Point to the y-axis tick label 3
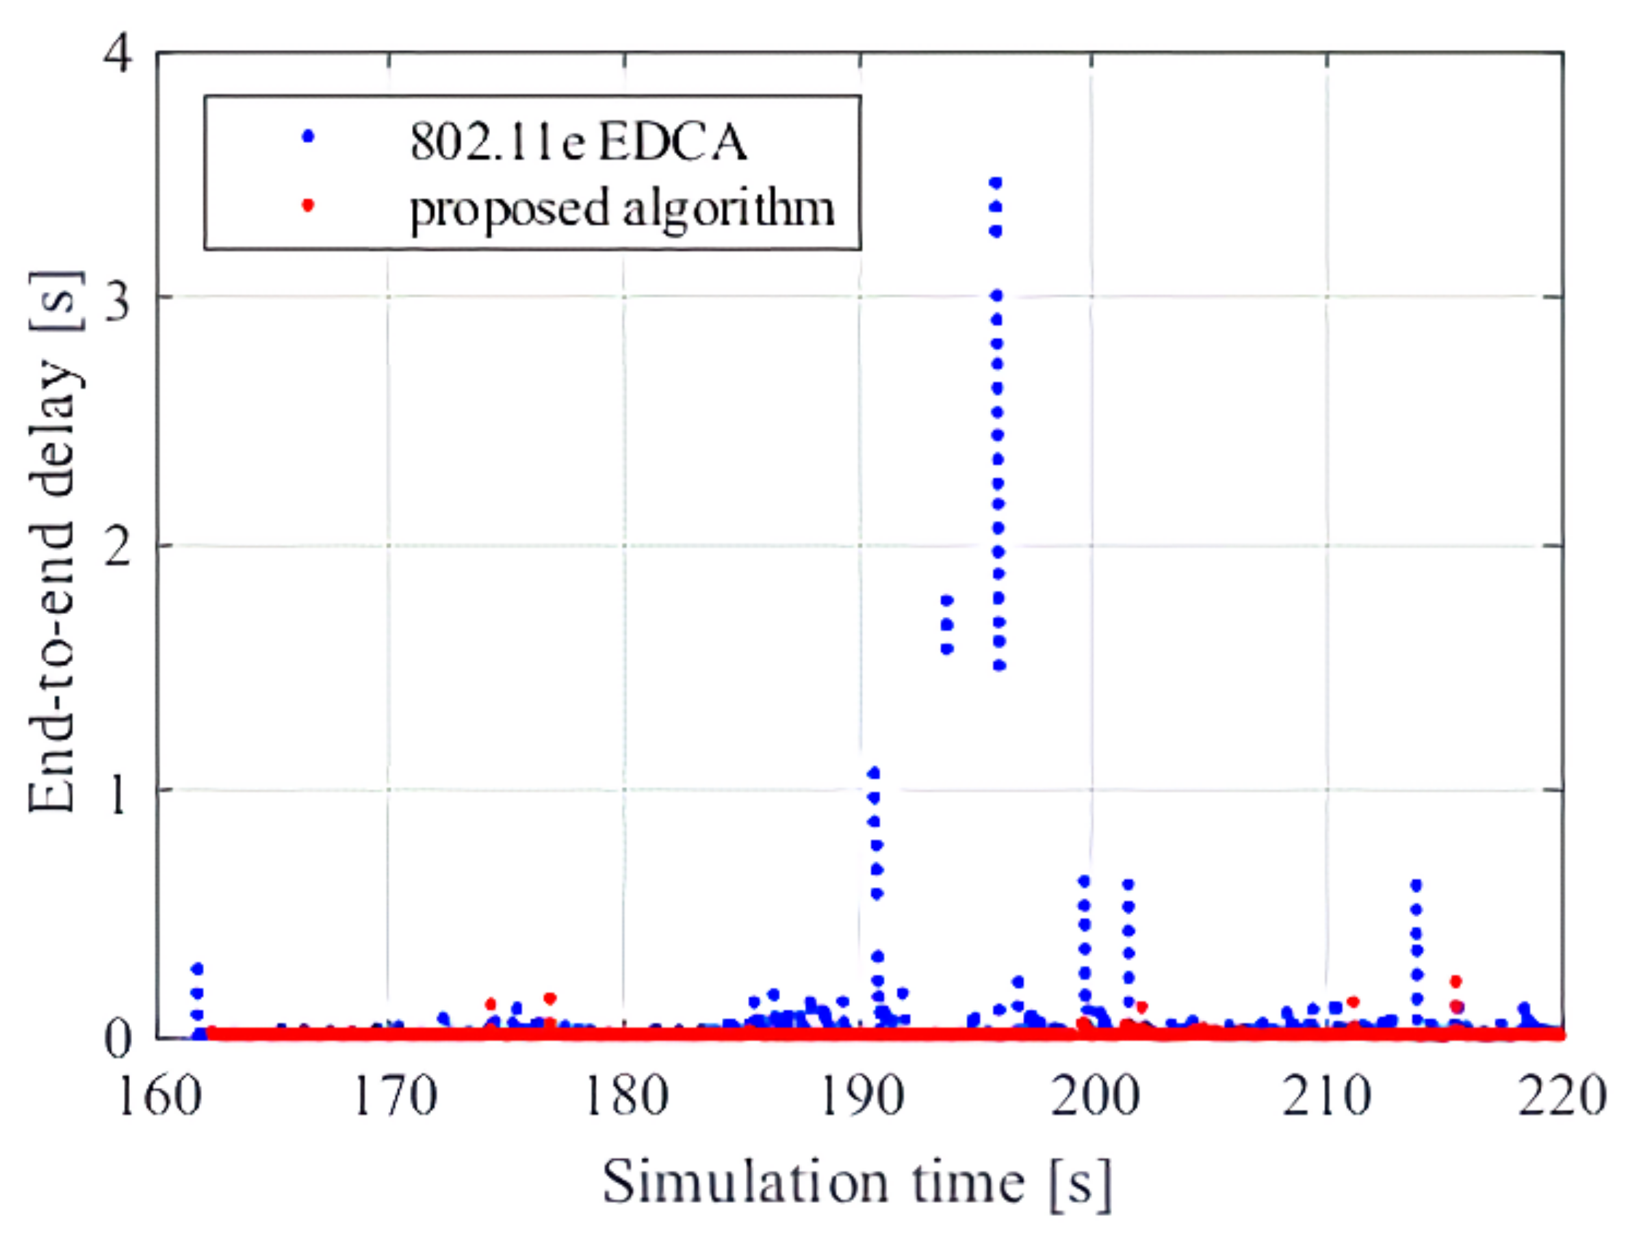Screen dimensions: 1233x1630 pos(118,298)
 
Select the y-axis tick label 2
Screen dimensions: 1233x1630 pos(118,546)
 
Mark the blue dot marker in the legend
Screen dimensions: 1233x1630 pos(309,136)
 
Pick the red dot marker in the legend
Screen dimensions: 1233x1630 pos(309,205)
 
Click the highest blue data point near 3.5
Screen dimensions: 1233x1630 pos(996,183)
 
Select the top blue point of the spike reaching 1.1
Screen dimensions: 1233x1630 pos(874,773)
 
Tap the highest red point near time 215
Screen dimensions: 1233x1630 pos(1456,981)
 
